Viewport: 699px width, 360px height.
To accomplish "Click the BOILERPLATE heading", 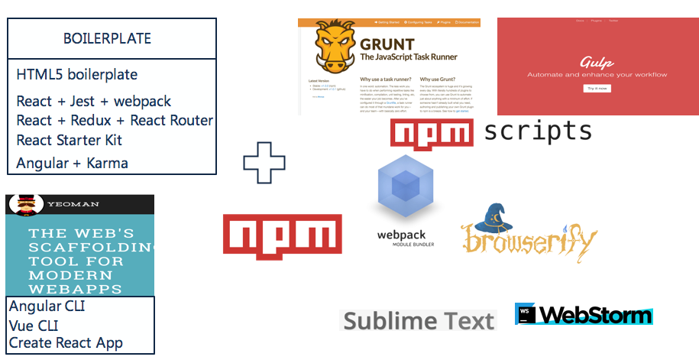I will (x=107, y=38).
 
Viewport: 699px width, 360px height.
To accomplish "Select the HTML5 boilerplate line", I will (x=76, y=75).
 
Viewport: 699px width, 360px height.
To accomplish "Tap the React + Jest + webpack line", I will (x=93, y=102).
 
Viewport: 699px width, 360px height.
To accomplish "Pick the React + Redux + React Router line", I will (x=115, y=121).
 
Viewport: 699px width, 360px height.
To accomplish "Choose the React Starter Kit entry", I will (x=69, y=141).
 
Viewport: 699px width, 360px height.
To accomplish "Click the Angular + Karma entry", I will (x=72, y=163).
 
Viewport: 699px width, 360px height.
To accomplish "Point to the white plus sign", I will (x=264, y=162).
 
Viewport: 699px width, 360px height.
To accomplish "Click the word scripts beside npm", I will (x=538, y=132).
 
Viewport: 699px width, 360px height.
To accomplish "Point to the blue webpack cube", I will (x=406, y=185).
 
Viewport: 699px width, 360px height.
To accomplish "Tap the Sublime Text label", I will (x=418, y=320).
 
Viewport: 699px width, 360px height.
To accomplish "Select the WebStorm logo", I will (x=584, y=314).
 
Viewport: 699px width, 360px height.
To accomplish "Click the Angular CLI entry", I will (x=47, y=306).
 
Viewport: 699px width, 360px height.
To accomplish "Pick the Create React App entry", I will (x=66, y=343).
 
